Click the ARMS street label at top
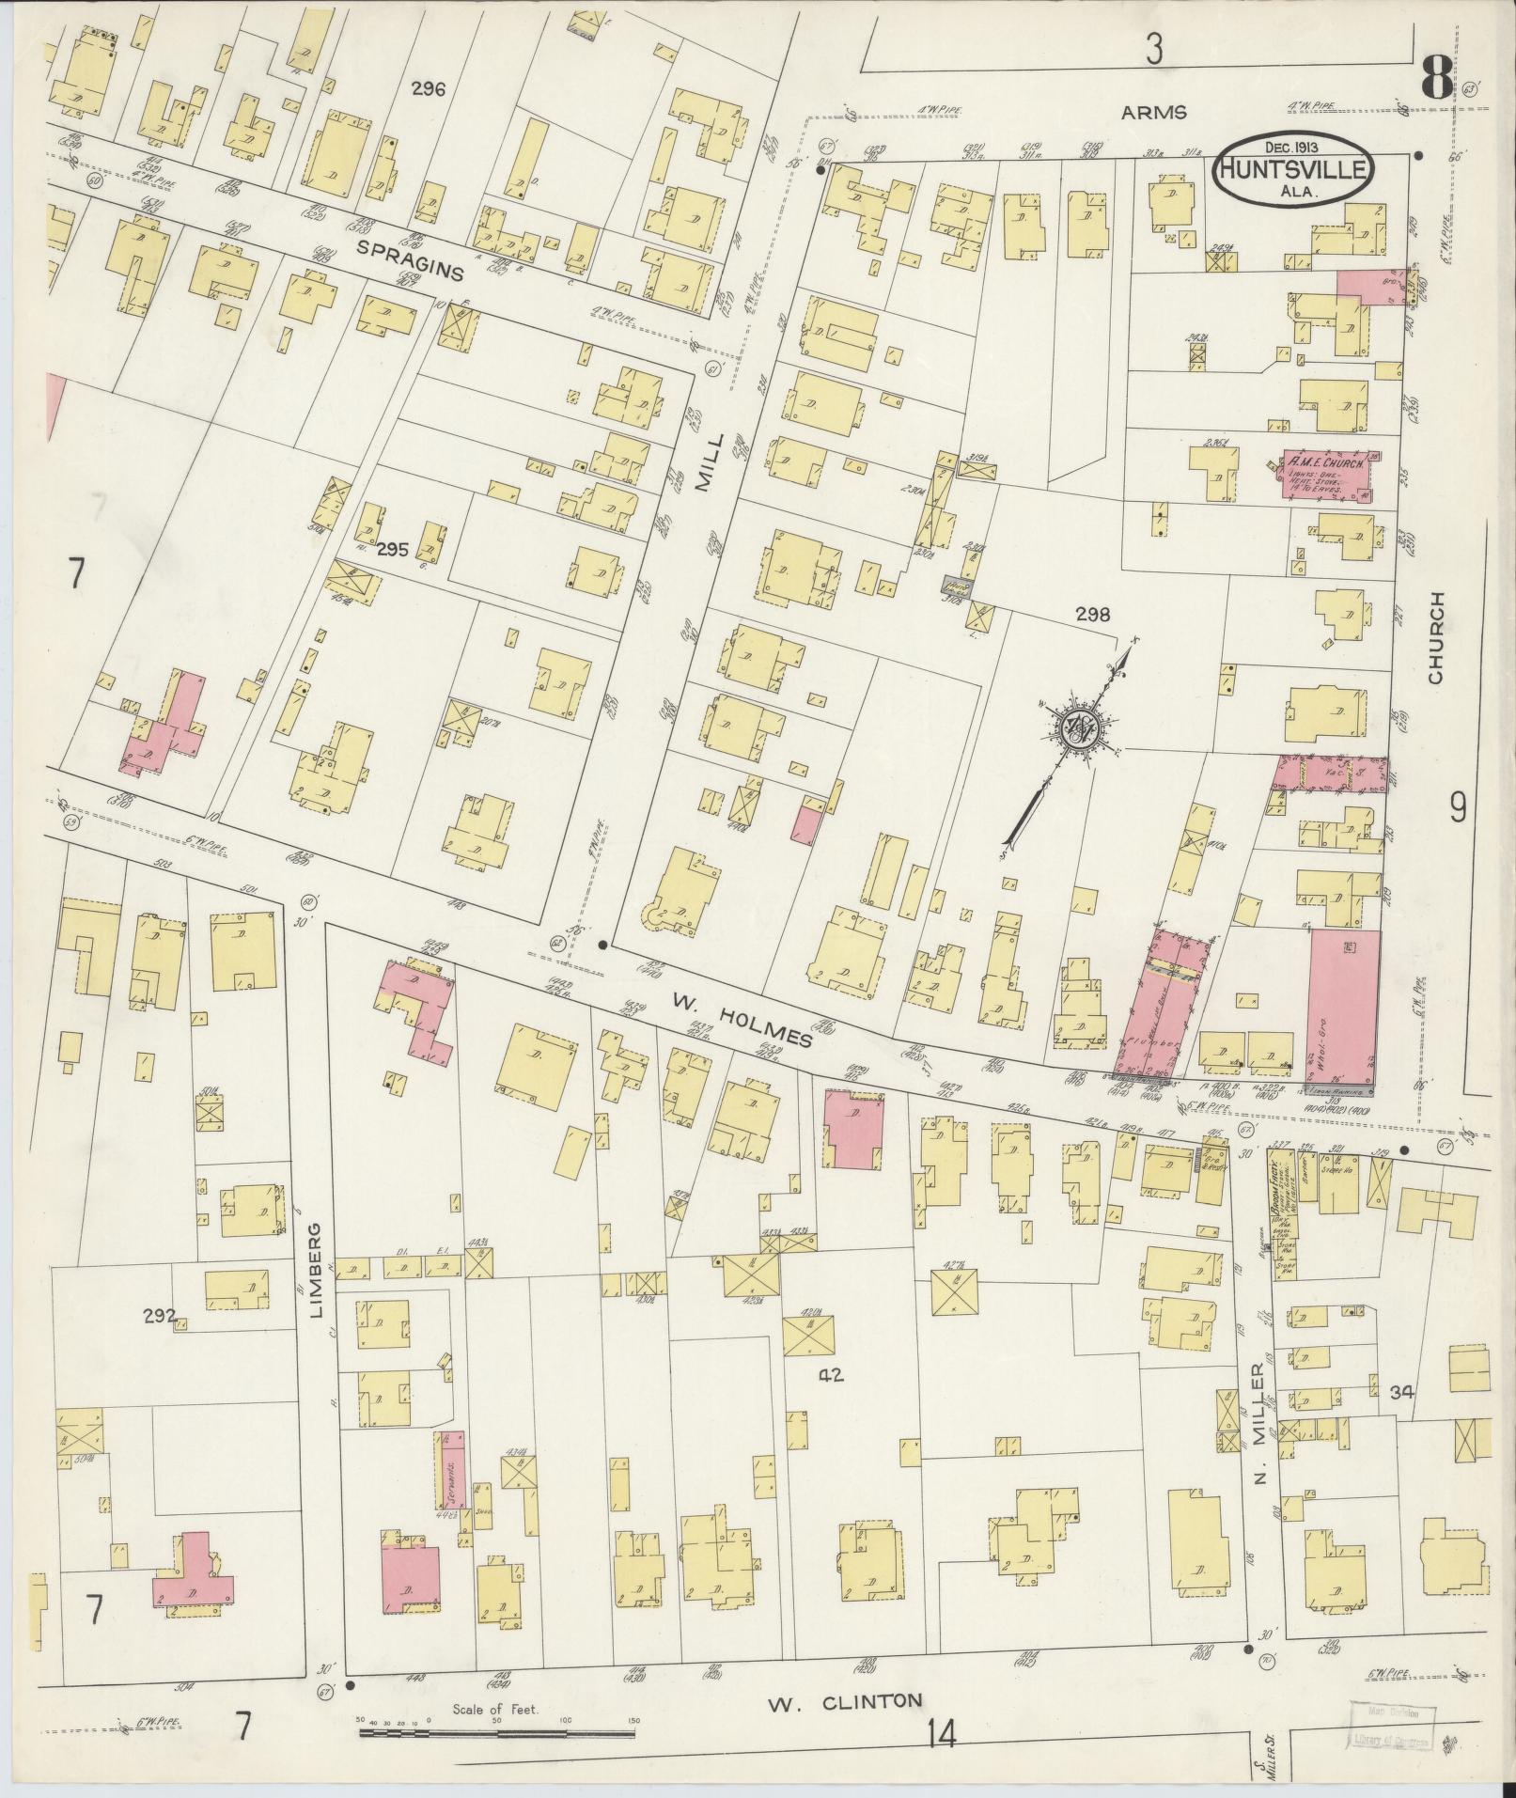pyautogui.click(x=1154, y=113)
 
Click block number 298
pyautogui.click(x=1093, y=616)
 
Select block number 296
pyautogui.click(x=428, y=89)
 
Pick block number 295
pyautogui.click(x=392, y=550)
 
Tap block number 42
pyautogui.click(x=831, y=1375)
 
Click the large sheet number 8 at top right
pyautogui.click(x=1434, y=77)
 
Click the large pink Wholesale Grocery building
pyautogui.click(x=1344, y=1006)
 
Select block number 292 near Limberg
pyautogui.click(x=160, y=1316)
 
